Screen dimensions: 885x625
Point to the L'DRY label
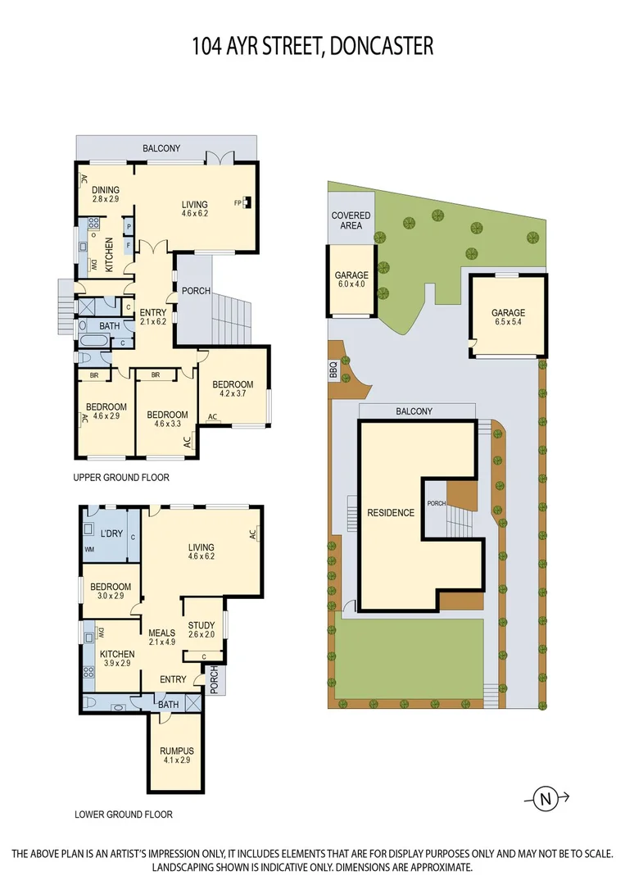111,534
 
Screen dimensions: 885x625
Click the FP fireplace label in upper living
238,202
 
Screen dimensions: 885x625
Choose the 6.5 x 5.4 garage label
508,318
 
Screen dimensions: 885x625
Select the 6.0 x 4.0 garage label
351,280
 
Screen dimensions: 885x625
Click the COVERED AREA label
351,220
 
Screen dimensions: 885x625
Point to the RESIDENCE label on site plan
390,513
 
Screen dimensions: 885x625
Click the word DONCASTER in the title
382,46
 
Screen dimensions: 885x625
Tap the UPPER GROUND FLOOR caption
121,477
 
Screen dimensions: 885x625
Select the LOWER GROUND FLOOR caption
123,815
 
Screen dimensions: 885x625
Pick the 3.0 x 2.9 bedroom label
111,592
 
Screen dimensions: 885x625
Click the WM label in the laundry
89,549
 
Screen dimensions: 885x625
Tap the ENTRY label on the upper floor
153,317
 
